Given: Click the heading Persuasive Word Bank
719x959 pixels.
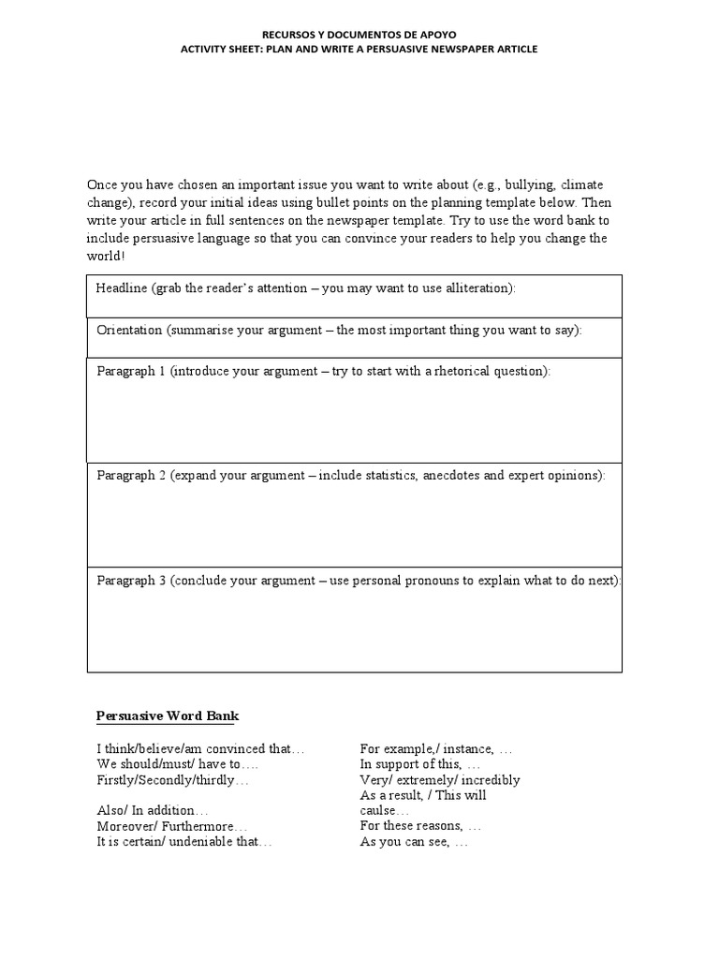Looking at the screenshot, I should (168, 716).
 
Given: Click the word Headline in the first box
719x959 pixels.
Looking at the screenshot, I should (122, 288).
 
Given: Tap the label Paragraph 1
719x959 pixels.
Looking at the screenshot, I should (131, 371).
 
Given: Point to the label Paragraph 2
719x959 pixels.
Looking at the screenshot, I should (131, 475).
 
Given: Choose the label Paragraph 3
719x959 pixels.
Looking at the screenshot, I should (131, 580).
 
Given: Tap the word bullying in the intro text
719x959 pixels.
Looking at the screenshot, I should (530, 185).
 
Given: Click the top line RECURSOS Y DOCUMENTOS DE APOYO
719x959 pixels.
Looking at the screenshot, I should (359, 33).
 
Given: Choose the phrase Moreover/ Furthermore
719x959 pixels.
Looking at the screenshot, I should (171, 826).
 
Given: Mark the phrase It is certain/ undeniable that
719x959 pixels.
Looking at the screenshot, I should (183, 841).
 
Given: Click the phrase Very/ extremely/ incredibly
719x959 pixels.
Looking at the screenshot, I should (439, 779).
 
